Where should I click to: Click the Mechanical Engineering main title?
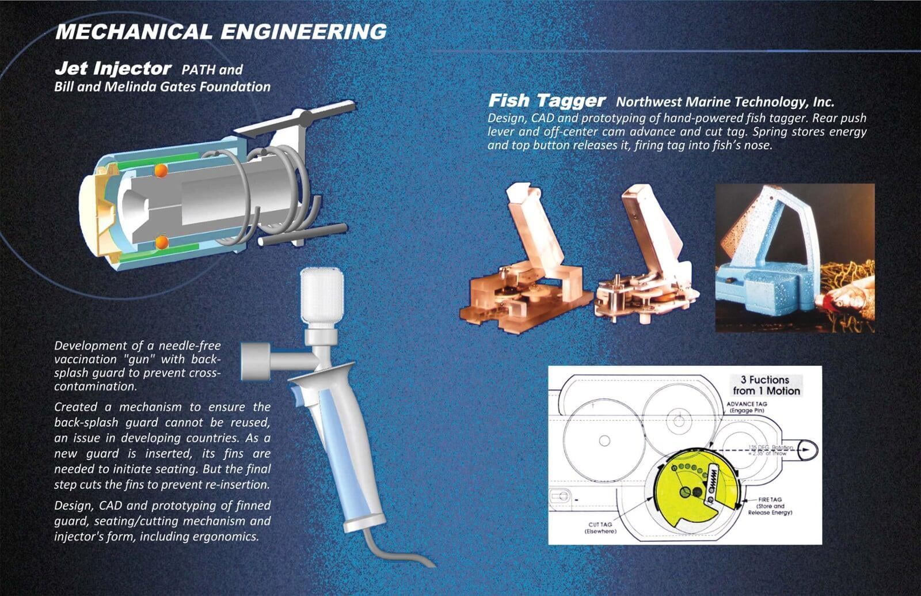221,32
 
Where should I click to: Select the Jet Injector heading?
113,69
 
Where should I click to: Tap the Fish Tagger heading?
547,100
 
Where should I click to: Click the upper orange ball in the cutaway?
161,170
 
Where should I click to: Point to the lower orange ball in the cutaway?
162,242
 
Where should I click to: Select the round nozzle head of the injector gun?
255,360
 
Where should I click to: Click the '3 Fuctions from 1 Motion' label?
766,385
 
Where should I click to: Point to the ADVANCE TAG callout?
746,407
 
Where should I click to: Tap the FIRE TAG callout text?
770,506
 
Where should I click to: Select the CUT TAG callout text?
600,528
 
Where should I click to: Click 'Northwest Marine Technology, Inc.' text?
725,101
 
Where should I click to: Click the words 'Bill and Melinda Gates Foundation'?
162,87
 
